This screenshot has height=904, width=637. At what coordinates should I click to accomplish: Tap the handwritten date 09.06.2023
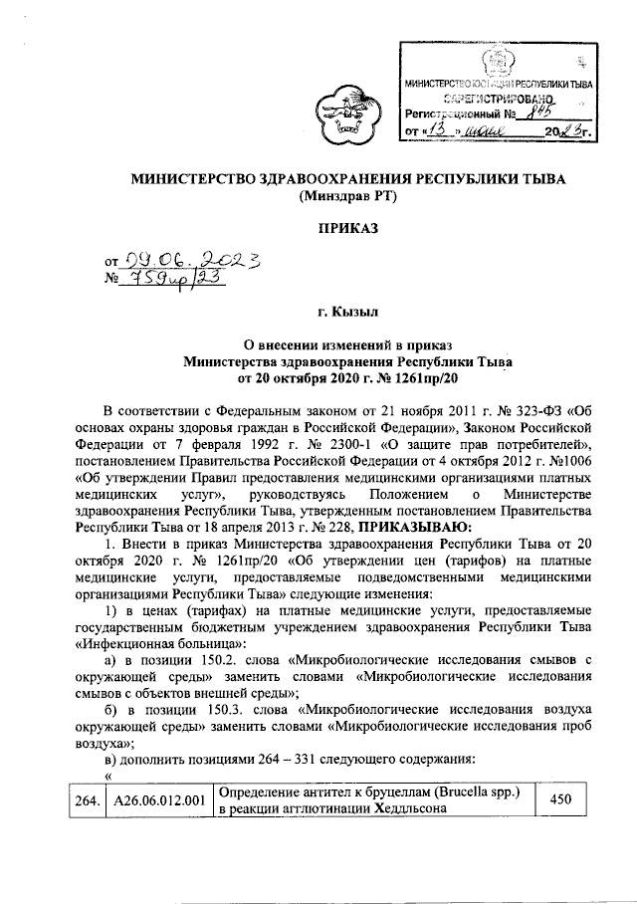pyautogui.click(x=184, y=262)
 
